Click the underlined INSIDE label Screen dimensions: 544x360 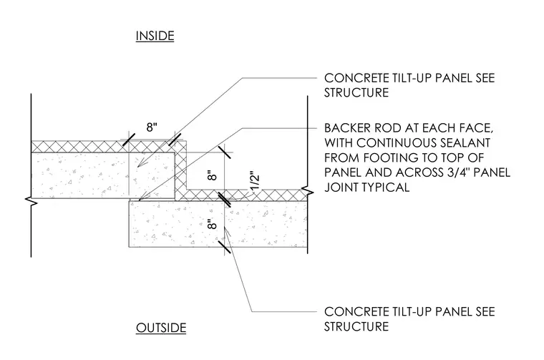[x=155, y=36]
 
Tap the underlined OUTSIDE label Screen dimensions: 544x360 [x=161, y=328]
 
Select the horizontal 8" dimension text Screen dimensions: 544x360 [x=152, y=127]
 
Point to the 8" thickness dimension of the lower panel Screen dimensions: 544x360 [x=212, y=224]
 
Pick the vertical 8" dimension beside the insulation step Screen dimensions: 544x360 [x=212, y=175]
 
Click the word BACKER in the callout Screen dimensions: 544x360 [x=346, y=128]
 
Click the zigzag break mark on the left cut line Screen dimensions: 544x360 [x=32, y=200]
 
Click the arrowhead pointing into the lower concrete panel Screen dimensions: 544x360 [x=227, y=230]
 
